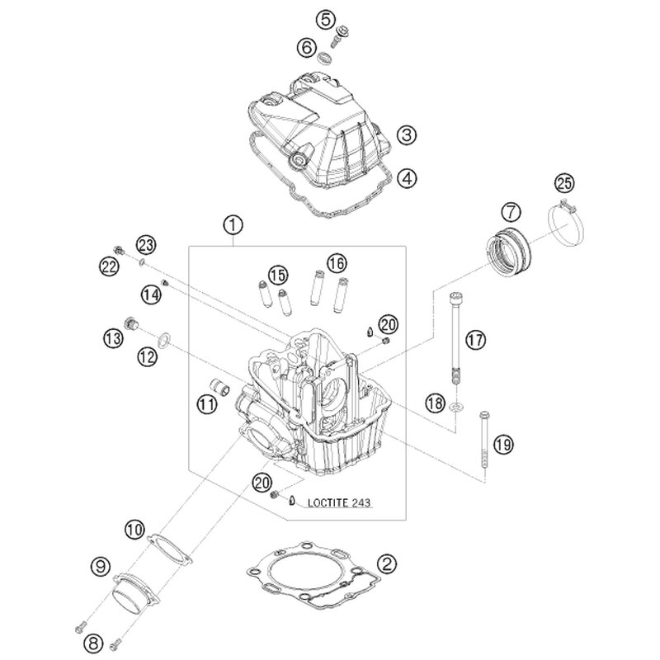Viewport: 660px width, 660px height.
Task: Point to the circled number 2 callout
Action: (386, 563)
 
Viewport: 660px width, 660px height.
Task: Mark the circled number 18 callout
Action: (435, 402)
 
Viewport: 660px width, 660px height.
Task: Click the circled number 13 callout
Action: (112, 337)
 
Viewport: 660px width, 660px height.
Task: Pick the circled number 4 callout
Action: (404, 176)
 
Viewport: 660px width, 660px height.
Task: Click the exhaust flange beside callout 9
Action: (133, 596)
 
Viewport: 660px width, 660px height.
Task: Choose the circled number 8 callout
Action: (93, 641)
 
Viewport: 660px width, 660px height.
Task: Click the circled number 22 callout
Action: (109, 263)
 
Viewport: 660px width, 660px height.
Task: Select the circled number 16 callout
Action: (333, 263)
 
